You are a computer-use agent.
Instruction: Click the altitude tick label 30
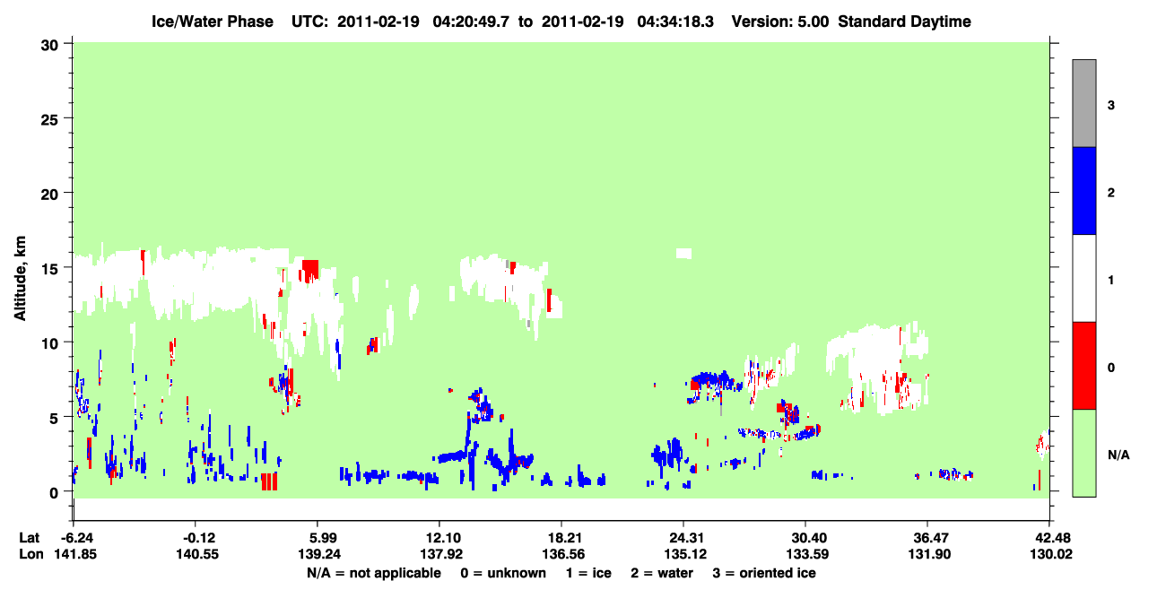[49, 46]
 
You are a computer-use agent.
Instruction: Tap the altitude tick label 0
[54, 492]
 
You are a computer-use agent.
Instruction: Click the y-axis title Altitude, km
[20, 278]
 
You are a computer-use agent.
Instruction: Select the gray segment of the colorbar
[1083, 103]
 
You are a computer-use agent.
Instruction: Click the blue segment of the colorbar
[1083, 190]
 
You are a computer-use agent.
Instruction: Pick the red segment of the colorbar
[1083, 366]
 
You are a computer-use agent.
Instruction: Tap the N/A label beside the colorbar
[1118, 455]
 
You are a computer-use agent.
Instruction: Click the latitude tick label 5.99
[317, 538]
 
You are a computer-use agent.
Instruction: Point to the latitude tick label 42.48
[1049, 538]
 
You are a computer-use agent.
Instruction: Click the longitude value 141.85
[75, 554]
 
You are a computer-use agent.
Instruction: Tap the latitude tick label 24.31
[685, 538]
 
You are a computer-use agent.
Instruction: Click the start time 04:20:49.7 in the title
[471, 22]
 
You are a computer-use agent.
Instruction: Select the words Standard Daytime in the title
[904, 22]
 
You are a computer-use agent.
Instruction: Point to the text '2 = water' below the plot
[662, 573]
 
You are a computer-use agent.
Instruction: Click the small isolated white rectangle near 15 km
[683, 254]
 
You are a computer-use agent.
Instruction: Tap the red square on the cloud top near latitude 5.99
[310, 269]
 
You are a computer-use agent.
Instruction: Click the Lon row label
[31, 554]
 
